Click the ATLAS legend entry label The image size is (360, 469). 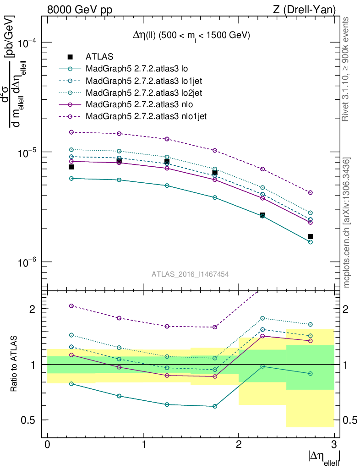click(x=99, y=57)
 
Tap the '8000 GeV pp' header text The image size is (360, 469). click(x=80, y=9)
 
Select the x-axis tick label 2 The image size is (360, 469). click(x=239, y=444)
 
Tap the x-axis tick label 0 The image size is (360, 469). click(x=48, y=444)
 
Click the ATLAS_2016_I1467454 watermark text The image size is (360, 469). click(x=191, y=274)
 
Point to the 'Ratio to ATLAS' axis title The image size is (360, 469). click(x=15, y=364)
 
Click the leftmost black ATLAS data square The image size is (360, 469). click(x=71, y=167)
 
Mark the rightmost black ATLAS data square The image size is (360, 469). click(x=310, y=236)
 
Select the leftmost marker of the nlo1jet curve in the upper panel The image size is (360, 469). click(x=71, y=132)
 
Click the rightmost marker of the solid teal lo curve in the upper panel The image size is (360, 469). click(x=310, y=242)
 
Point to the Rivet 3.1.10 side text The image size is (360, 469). click(x=347, y=69)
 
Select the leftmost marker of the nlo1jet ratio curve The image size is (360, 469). click(x=71, y=305)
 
